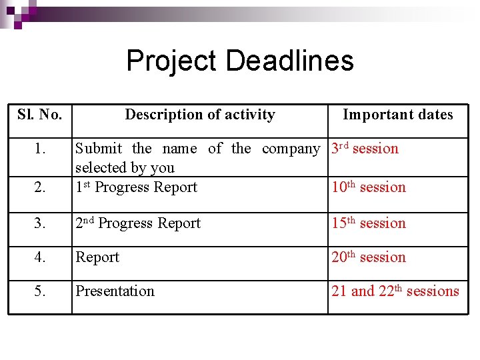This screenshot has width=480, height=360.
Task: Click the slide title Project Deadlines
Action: (x=240, y=61)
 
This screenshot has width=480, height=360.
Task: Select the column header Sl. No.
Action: (x=40, y=115)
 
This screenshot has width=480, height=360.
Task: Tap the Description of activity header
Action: (x=200, y=115)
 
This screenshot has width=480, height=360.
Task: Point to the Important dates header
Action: (x=397, y=115)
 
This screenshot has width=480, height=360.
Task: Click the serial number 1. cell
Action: (x=40, y=149)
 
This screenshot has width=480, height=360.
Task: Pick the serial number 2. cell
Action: (x=40, y=187)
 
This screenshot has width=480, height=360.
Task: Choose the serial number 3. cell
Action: (x=40, y=223)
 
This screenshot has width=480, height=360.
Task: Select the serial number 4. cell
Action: (x=40, y=257)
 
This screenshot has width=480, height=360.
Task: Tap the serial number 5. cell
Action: (x=40, y=291)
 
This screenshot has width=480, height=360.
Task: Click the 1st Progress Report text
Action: (x=137, y=187)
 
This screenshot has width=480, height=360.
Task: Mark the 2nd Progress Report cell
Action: (x=138, y=223)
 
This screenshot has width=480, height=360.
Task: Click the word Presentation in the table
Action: (x=115, y=291)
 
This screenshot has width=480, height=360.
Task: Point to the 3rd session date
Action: (x=365, y=149)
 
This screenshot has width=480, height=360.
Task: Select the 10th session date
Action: (x=369, y=187)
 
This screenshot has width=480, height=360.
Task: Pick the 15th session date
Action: (x=369, y=223)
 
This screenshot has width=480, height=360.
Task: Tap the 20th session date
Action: (x=369, y=257)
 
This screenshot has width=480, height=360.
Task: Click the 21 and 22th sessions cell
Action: (x=395, y=291)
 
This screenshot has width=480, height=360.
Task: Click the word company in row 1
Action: (x=291, y=149)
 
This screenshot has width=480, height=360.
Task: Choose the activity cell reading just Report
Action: (x=97, y=257)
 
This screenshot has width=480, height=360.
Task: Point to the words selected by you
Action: (x=125, y=168)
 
